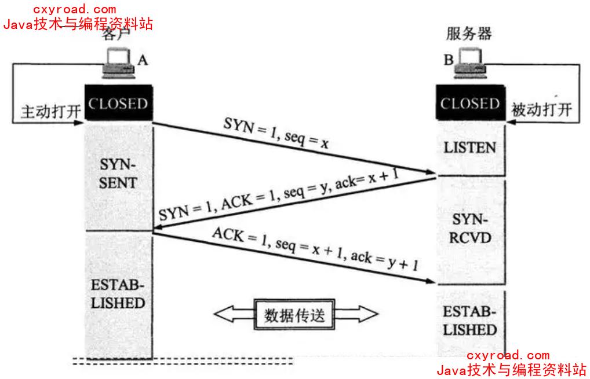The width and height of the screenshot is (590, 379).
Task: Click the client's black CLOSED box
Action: pos(118,105)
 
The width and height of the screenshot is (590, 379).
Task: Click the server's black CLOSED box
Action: pos(469,104)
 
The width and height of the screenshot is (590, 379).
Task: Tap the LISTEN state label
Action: pos(469,148)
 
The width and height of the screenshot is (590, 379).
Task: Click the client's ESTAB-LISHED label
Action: pos(118,295)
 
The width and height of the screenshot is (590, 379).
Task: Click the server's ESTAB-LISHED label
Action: pos(470,321)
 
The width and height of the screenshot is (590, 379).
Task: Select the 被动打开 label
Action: pos(541,110)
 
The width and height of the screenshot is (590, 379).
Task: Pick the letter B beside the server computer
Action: pos(449,59)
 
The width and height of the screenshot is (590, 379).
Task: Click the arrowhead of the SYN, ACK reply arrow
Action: pos(156,231)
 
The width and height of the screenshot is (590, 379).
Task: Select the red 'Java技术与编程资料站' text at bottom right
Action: pos(511,369)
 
